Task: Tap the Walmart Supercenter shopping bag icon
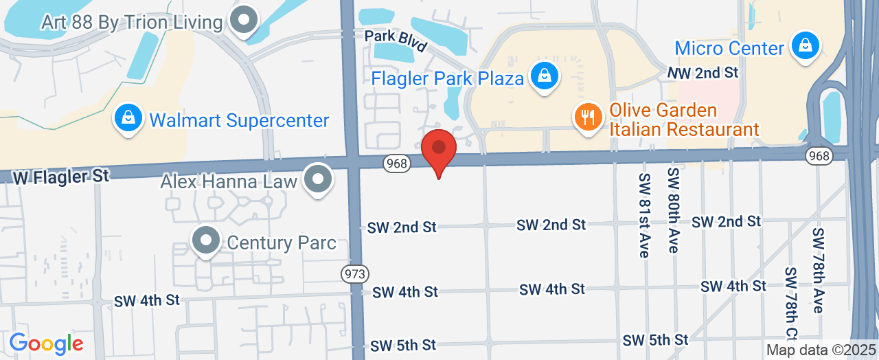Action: (128, 118)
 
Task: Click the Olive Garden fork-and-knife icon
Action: (586, 116)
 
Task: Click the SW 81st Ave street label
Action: (644, 214)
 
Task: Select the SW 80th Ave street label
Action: (673, 210)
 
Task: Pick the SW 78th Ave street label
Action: (817, 270)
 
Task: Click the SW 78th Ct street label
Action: (790, 302)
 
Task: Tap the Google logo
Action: (46, 344)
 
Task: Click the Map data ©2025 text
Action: (821, 350)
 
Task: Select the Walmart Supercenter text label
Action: (239, 121)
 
